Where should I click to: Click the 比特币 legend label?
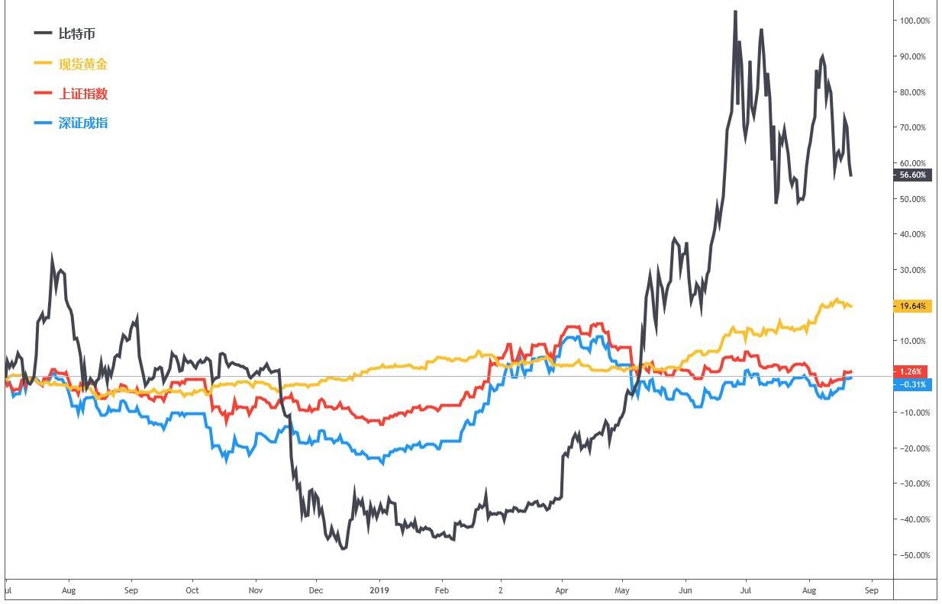[x=76, y=34]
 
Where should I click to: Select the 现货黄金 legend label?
[x=82, y=64]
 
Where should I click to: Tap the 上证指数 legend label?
[x=82, y=93]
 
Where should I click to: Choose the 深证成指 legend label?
[x=82, y=123]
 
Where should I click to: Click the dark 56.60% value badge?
[x=912, y=175]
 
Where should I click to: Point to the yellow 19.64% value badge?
[x=912, y=306]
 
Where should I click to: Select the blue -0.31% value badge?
[x=912, y=384]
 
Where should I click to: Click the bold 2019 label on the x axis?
[x=379, y=590]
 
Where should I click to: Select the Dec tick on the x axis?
[x=316, y=590]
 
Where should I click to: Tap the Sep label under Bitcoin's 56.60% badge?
[x=872, y=590]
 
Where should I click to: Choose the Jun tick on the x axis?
[x=686, y=590]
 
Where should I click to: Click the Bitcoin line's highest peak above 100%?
[x=735, y=12]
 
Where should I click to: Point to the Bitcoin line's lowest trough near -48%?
[x=344, y=548]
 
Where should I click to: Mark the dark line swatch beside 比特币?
[x=44, y=34]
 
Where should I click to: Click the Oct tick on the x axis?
[x=192, y=590]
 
